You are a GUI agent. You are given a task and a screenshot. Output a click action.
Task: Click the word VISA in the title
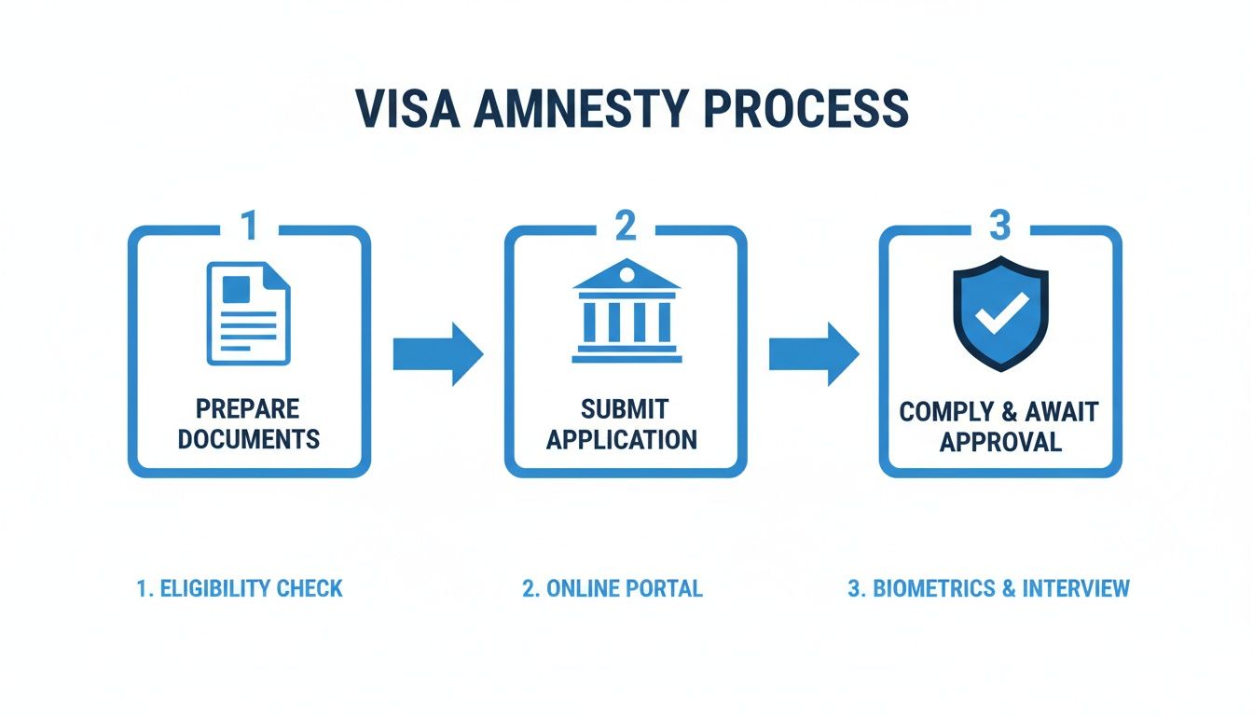pyautogui.click(x=406, y=109)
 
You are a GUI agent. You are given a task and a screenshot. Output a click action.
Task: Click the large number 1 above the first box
pyautogui.click(x=248, y=226)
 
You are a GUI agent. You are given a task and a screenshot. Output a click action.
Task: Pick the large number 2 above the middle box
pyautogui.click(x=625, y=226)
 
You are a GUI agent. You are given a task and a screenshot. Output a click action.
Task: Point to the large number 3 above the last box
pyautogui.click(x=999, y=226)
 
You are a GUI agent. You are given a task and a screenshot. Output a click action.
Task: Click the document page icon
pyautogui.click(x=248, y=313)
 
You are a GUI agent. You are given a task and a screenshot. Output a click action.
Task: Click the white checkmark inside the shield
pyautogui.click(x=1001, y=312)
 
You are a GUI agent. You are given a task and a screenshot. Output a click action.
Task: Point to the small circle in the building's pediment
pyautogui.click(x=626, y=274)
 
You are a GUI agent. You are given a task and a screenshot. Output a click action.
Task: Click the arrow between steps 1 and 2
pyautogui.click(x=437, y=354)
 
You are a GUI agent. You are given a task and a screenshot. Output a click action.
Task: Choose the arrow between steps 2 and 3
pyautogui.click(x=813, y=354)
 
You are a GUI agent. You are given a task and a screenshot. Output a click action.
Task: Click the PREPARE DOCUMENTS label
pyautogui.click(x=248, y=423)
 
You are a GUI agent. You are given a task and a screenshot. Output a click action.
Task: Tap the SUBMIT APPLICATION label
pyautogui.click(x=622, y=423)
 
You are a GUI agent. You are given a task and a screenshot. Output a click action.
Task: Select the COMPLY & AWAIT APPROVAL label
pyautogui.click(x=999, y=425)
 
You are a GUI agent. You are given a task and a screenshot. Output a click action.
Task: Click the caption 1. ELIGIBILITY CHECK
pyautogui.click(x=240, y=588)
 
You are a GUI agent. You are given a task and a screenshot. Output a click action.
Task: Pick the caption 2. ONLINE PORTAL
pyautogui.click(x=612, y=588)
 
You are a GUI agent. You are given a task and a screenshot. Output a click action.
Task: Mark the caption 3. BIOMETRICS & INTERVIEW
pyautogui.click(x=988, y=588)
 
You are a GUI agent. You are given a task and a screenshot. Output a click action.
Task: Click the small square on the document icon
pyautogui.click(x=236, y=289)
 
